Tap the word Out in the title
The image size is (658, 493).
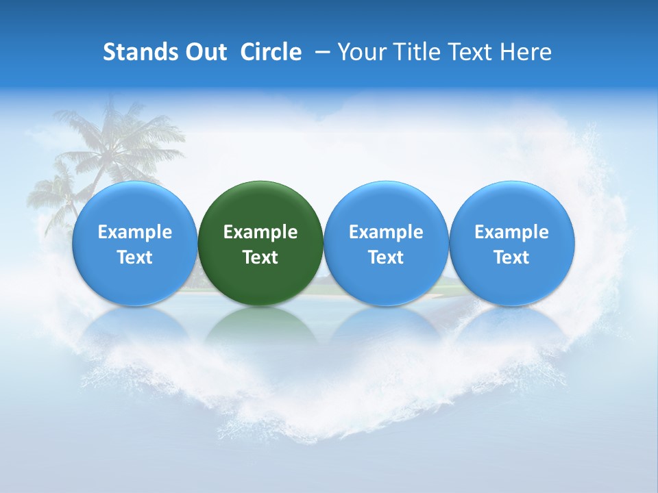coord(205,52)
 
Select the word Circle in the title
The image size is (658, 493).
coord(271,52)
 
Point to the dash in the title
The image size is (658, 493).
coord(320,52)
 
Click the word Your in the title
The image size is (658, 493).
coord(361,52)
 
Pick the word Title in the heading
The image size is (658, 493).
coord(415,52)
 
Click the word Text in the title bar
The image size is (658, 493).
coord(470,52)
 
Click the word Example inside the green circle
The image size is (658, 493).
coord(260,232)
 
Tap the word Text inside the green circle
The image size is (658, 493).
coord(260,257)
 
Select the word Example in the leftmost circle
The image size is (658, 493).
coord(134,232)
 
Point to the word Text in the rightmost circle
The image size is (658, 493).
coord(512,257)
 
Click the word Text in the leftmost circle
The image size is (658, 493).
coord(134,257)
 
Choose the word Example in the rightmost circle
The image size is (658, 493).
coord(512,232)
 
